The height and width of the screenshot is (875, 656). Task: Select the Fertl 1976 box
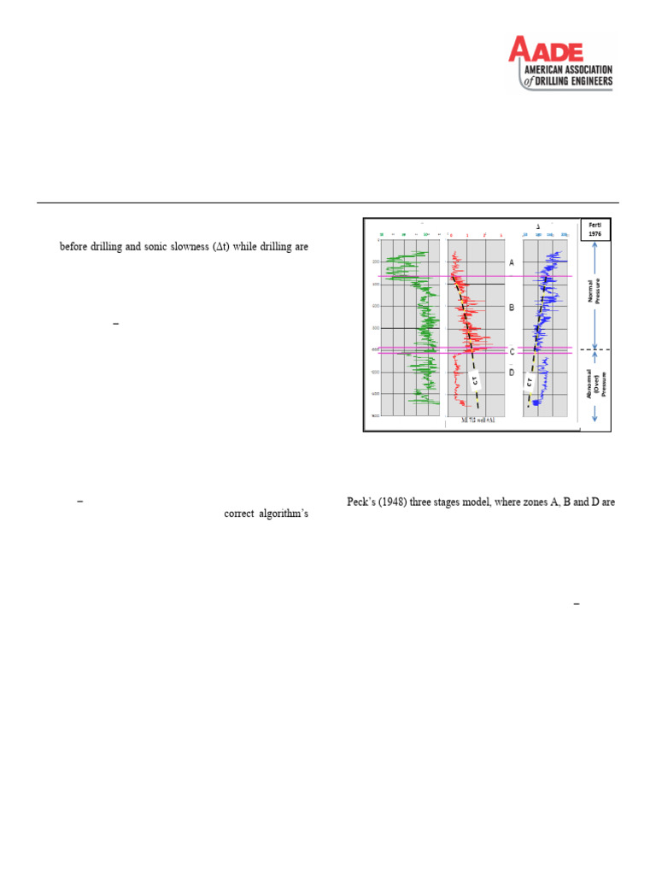pos(594,229)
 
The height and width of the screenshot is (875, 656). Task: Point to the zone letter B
pos(511,307)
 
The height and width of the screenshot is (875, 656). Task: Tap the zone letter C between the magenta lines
pos(511,351)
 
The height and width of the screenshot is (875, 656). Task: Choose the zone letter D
pos(511,373)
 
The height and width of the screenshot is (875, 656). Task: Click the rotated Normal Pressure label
pos(594,290)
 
